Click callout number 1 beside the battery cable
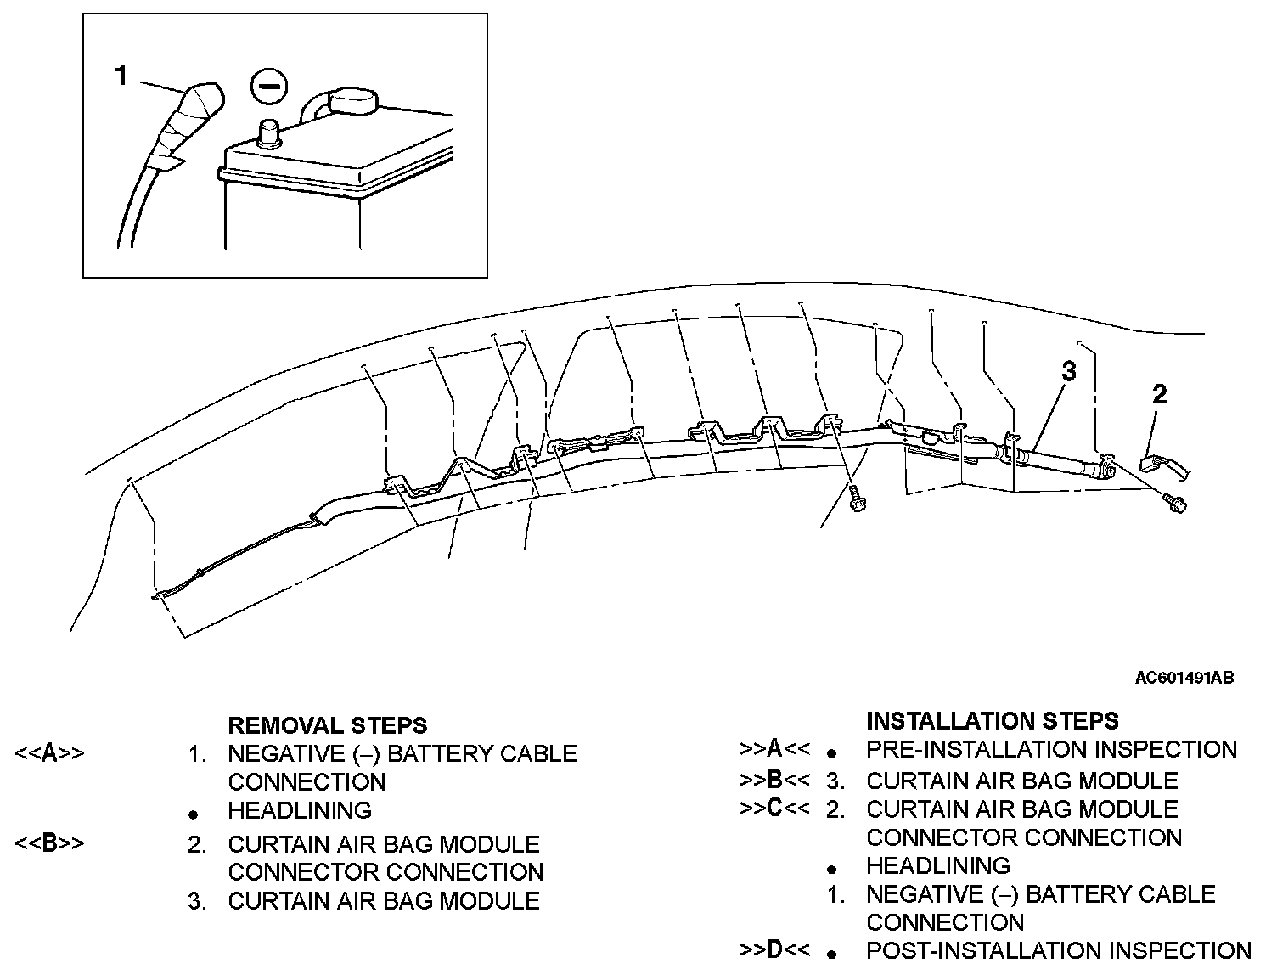click(x=121, y=76)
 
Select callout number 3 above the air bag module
click(x=1069, y=371)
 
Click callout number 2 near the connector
click(x=1159, y=394)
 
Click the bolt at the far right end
click(x=1176, y=503)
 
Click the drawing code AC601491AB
click(x=1184, y=678)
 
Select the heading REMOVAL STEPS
click(x=327, y=725)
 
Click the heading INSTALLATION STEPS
click(x=992, y=721)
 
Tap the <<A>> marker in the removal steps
click(x=49, y=753)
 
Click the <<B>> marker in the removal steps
click(x=49, y=844)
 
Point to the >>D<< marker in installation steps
click(x=774, y=950)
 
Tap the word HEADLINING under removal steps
click(x=300, y=810)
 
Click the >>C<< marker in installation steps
click(x=774, y=809)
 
